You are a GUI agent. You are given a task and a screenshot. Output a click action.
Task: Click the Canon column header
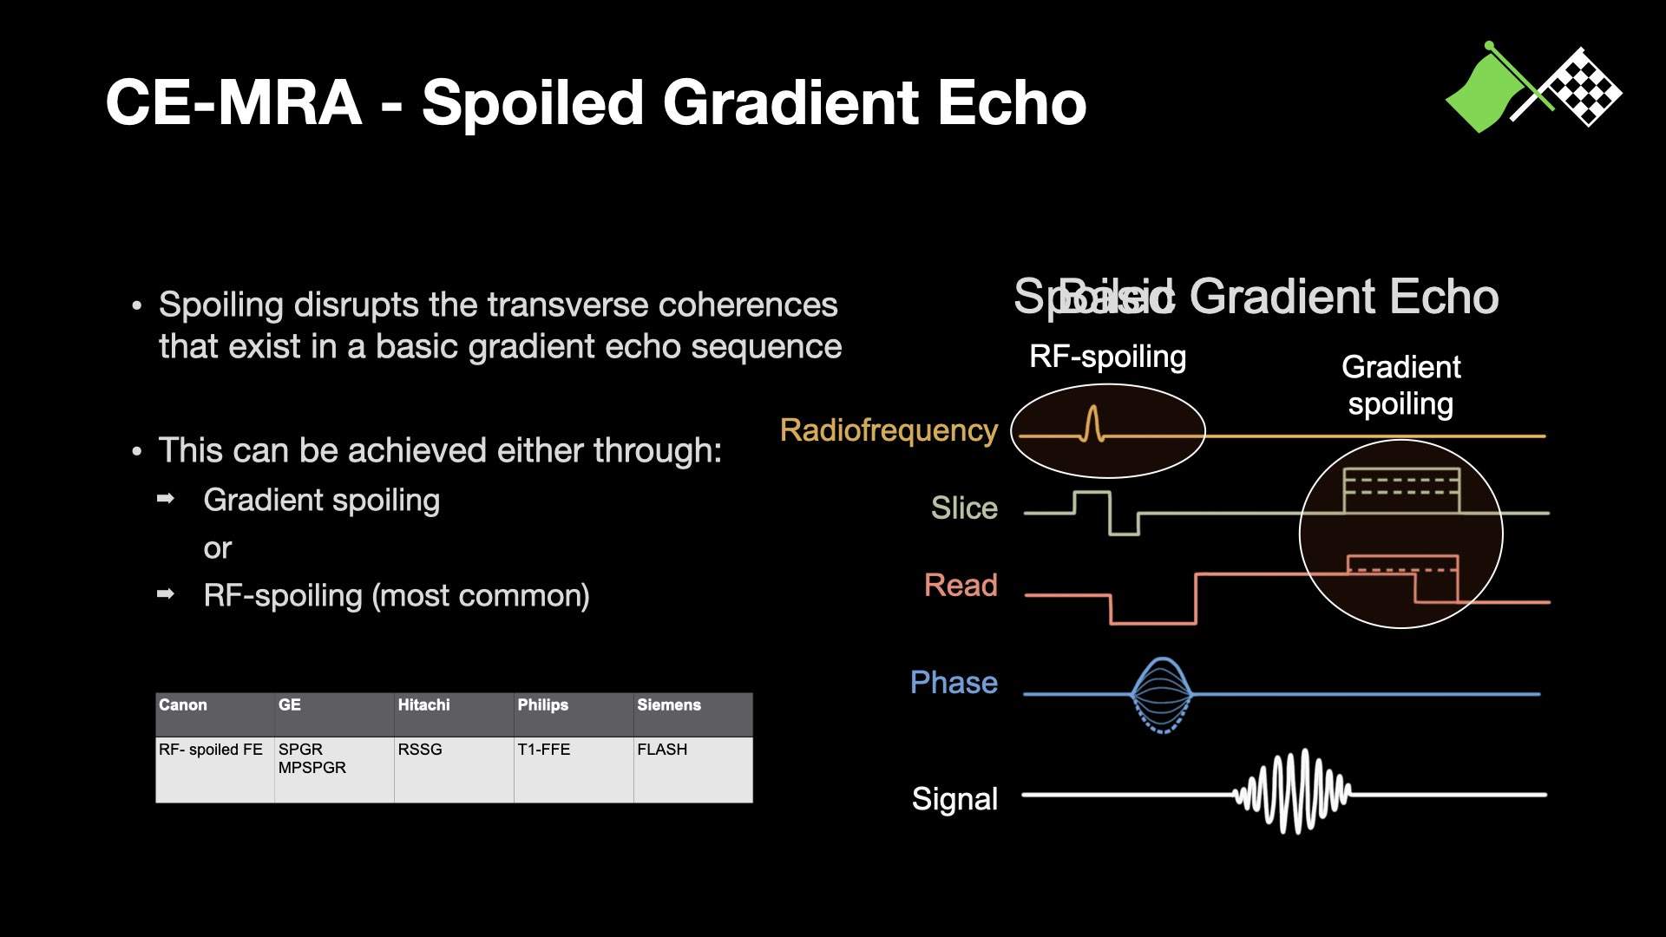[183, 705]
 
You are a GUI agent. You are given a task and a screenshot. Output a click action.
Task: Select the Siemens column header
[668, 705]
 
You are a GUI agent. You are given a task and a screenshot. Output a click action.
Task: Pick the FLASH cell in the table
[662, 750]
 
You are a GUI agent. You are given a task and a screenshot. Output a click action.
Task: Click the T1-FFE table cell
[544, 750]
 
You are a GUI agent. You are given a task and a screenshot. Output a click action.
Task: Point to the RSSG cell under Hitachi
[420, 750]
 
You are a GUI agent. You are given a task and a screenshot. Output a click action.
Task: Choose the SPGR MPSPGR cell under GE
[312, 758]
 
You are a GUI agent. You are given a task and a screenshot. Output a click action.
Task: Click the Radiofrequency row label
[889, 430]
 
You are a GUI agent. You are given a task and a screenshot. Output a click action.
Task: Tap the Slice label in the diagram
[964, 508]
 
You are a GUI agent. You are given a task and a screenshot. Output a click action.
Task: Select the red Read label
[961, 586]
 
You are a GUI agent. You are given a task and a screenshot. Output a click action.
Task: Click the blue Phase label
[954, 683]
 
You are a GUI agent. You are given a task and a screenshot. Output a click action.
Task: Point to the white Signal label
[954, 799]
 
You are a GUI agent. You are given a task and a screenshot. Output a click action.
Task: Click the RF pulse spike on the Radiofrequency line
[1092, 424]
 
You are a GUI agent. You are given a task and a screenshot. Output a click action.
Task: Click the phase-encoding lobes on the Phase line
[1162, 695]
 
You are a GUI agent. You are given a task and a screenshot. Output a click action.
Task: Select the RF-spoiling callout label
[1107, 357]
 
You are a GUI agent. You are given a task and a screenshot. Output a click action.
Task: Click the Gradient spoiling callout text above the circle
[1400, 385]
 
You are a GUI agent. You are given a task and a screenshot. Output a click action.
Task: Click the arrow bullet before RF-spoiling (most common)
[166, 594]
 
